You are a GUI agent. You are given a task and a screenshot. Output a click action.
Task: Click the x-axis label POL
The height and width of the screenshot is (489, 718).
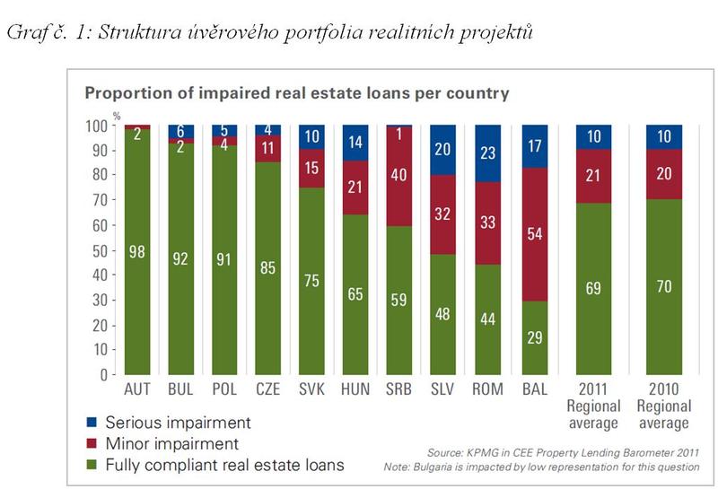pyautogui.click(x=225, y=390)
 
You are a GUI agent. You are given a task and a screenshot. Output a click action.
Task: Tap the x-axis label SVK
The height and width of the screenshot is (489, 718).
pyautogui.click(x=313, y=390)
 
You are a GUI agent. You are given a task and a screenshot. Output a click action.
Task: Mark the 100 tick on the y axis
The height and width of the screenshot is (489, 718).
pyautogui.click(x=101, y=125)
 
